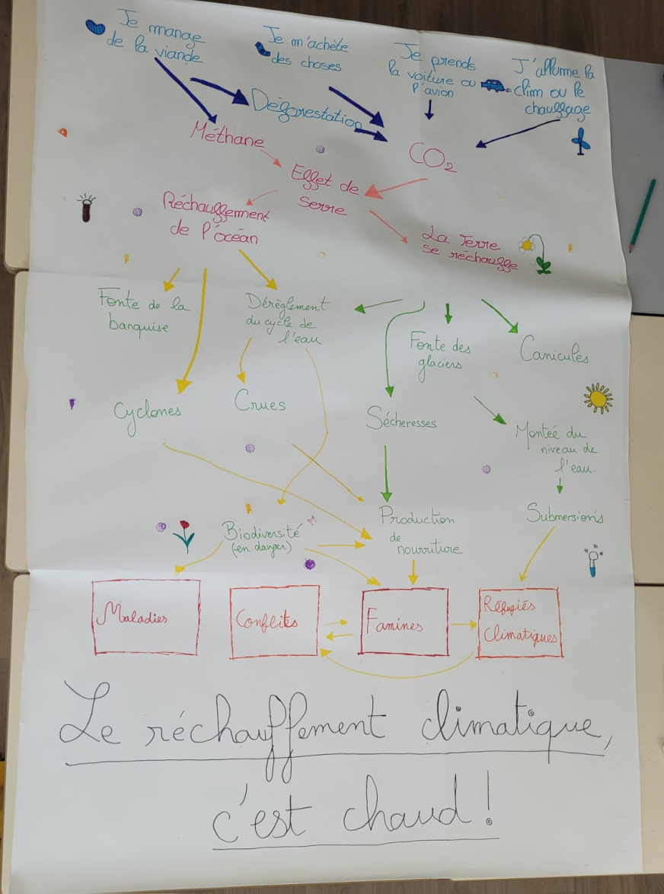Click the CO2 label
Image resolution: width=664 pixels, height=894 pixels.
tap(432, 157)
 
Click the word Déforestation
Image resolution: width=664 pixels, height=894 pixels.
tap(306, 108)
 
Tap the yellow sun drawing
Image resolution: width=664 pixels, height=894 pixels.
tap(598, 398)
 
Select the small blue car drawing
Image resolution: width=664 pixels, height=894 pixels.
tap(493, 85)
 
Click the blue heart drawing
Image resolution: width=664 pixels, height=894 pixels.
tap(95, 27)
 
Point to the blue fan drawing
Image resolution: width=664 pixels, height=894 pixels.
tap(581, 141)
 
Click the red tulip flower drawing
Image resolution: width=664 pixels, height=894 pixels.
tap(184, 536)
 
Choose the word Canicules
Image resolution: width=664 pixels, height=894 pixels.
tap(554, 353)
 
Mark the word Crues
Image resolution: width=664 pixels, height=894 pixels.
tap(260, 402)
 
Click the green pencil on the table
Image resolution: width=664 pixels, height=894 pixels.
tap(643, 215)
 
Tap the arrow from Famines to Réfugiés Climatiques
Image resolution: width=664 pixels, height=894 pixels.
tap(464, 625)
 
